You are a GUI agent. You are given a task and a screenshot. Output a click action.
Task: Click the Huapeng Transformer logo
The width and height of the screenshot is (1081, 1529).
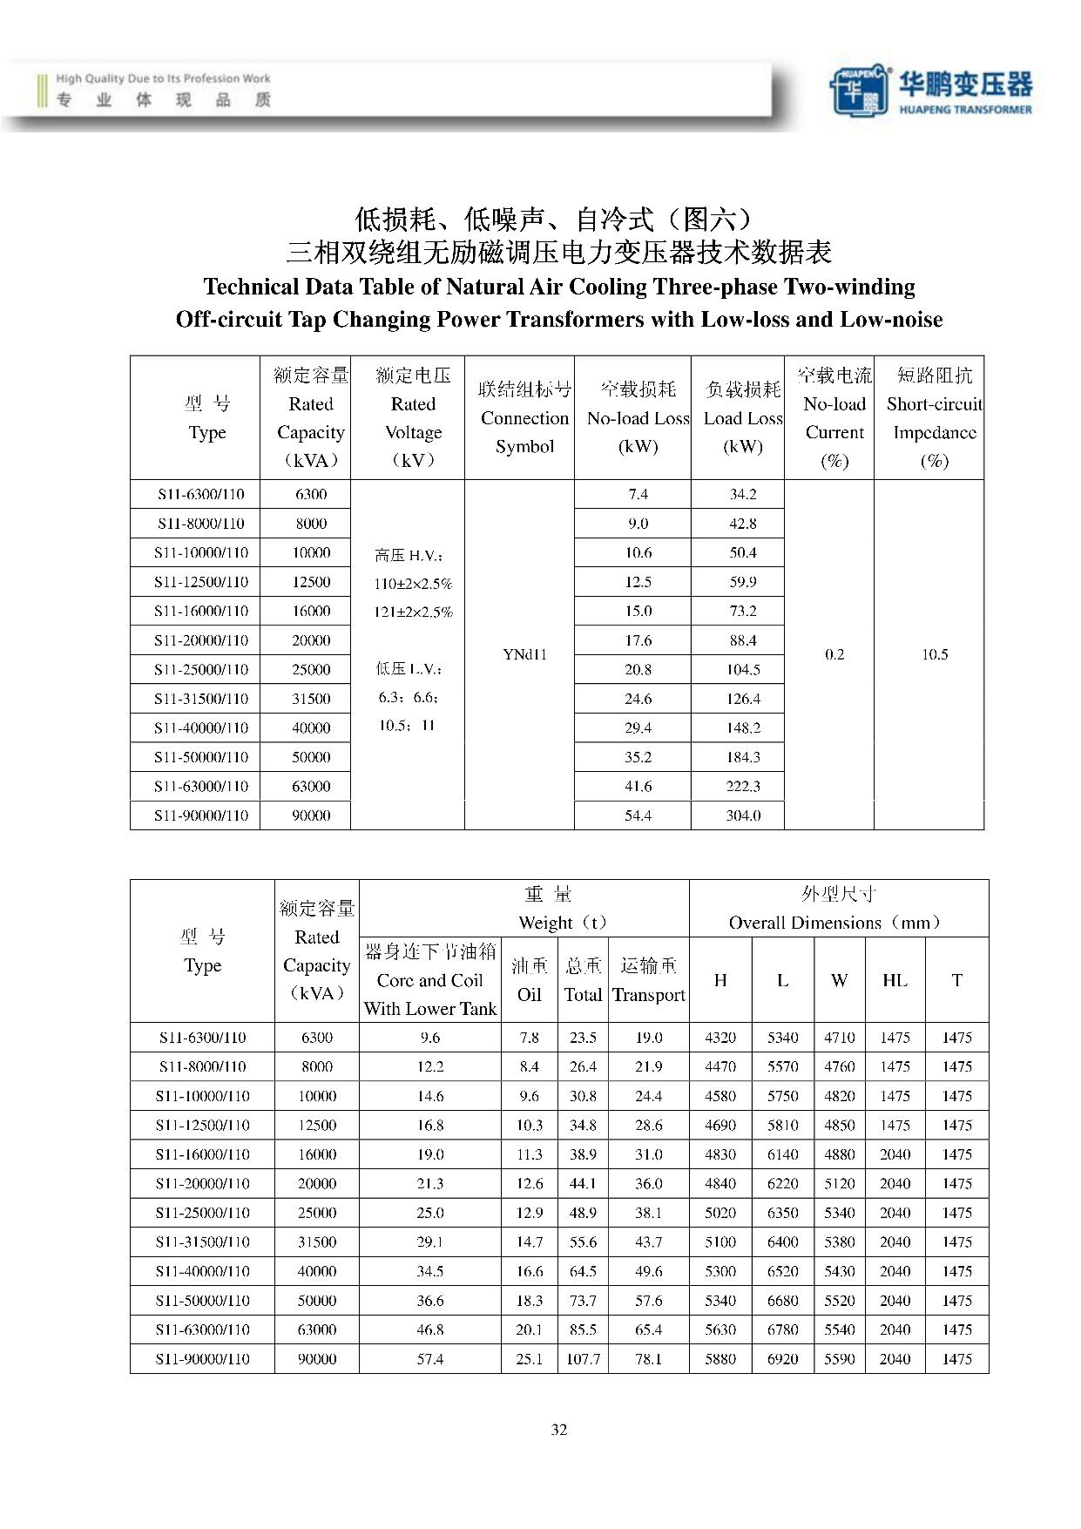tap(930, 91)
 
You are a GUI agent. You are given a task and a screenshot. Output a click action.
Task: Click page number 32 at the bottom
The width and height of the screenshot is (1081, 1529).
tap(559, 1429)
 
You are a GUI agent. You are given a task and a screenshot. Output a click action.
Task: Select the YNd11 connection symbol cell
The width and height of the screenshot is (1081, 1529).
tap(524, 654)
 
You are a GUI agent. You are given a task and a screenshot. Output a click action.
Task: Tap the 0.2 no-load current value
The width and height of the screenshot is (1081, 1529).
tap(834, 654)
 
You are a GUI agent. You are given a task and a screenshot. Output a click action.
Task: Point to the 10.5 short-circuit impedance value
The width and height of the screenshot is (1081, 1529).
tap(934, 654)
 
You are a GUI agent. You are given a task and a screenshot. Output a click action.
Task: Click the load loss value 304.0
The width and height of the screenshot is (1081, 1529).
tap(743, 815)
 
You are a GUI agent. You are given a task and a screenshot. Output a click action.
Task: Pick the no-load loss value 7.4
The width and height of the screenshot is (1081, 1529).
tap(638, 494)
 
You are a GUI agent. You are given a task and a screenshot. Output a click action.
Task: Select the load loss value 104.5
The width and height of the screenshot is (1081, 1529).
tap(743, 669)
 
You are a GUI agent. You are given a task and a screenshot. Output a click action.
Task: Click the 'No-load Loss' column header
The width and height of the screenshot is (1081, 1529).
tap(638, 418)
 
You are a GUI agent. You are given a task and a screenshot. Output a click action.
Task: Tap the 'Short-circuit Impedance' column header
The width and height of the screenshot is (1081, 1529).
tap(934, 418)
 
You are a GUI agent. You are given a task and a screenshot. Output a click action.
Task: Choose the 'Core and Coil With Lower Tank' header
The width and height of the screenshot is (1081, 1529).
tap(429, 980)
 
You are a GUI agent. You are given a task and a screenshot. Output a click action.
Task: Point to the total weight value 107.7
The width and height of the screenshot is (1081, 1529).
tap(583, 1358)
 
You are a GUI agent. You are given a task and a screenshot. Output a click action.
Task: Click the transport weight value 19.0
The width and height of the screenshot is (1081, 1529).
tap(648, 1038)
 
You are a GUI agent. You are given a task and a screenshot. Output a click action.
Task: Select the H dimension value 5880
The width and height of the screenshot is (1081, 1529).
tap(720, 1358)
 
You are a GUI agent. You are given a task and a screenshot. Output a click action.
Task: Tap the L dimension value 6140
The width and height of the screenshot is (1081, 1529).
tap(782, 1154)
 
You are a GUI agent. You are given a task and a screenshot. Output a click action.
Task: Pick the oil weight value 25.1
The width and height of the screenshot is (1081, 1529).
tap(529, 1358)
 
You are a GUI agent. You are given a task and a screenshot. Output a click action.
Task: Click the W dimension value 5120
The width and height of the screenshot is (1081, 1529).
tap(839, 1183)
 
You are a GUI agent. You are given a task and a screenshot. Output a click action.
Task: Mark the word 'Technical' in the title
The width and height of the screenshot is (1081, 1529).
tap(252, 287)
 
